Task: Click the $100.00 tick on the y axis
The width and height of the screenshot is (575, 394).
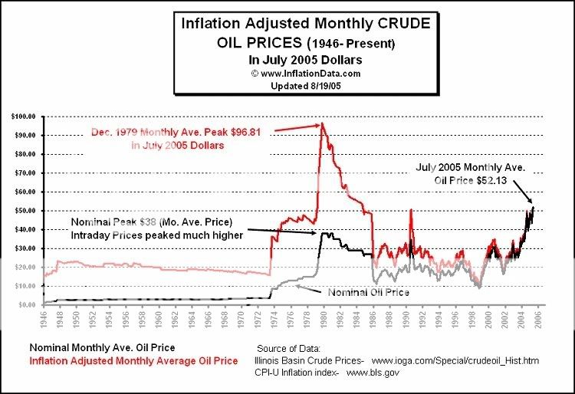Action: [25, 117]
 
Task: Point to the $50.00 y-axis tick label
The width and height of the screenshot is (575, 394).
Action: [26, 211]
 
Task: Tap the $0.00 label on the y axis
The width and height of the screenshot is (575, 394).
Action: [28, 304]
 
